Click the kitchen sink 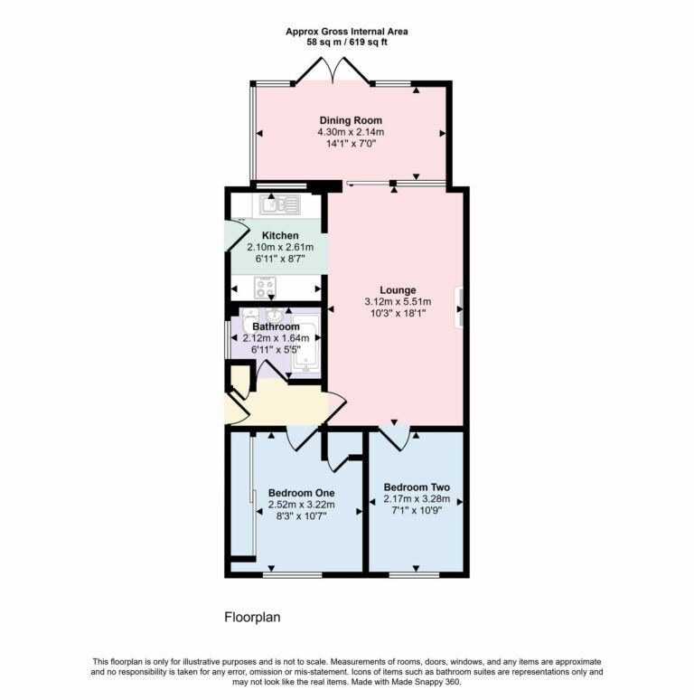pyautogui.click(x=279, y=205)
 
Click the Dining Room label pyautogui.click(x=350, y=120)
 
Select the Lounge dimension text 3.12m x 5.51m pyautogui.click(x=398, y=302)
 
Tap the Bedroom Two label pyautogui.click(x=416, y=487)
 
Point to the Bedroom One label pyautogui.click(x=301, y=493)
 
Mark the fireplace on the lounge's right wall pyautogui.click(x=461, y=305)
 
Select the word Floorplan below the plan pyautogui.click(x=254, y=618)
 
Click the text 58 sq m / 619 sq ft pyautogui.click(x=347, y=42)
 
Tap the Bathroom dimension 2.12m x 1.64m pyautogui.click(x=276, y=338)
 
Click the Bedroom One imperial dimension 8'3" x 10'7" pyautogui.click(x=301, y=516)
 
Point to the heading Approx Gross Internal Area pyautogui.click(x=347, y=31)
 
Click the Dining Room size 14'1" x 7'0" pyautogui.click(x=350, y=144)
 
